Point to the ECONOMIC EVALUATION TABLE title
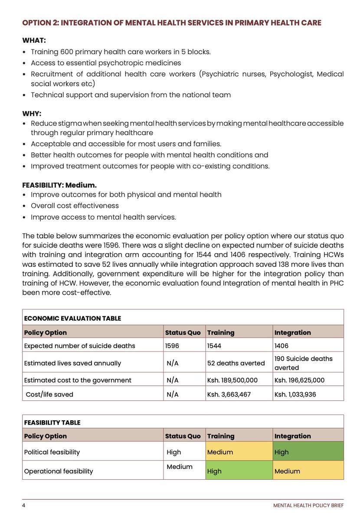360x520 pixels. pos(72,318)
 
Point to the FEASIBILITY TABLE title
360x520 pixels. pos(52,422)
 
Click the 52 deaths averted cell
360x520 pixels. pos(230,363)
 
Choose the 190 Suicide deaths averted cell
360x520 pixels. pos(303,363)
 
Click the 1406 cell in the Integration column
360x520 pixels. pos(282,345)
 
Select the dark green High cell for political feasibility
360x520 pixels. pos(308,452)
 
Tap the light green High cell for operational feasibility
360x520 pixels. pos(239,471)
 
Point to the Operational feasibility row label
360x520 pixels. pos(59,471)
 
